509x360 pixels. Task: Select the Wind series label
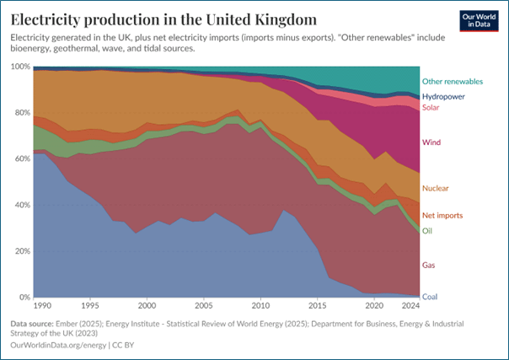coord(431,142)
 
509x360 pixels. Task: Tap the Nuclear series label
coord(435,189)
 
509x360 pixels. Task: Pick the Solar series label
coord(431,107)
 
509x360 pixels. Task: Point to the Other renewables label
coord(452,82)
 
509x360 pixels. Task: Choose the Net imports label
coord(442,216)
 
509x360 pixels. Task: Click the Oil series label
coord(427,230)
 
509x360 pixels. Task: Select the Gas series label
coord(428,266)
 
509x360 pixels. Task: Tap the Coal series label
coord(430,296)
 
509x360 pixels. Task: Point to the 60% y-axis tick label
coord(20,159)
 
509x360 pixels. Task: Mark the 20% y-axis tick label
coord(20,251)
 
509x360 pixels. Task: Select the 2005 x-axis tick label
coord(204,306)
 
